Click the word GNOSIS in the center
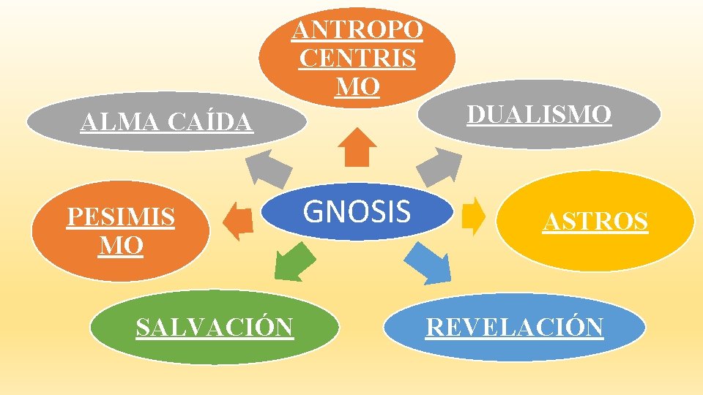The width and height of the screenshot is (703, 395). point(357,211)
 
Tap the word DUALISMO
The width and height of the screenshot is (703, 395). point(539,115)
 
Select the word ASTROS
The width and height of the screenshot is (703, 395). point(595,221)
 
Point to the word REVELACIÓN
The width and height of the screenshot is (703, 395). point(515,327)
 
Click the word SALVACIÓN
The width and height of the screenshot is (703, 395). point(215,327)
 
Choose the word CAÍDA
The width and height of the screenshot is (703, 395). point(212,123)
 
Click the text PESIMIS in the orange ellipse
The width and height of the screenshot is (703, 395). point(121,217)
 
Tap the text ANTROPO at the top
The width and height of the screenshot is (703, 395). point(357,30)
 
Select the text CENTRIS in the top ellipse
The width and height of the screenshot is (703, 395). point(357,58)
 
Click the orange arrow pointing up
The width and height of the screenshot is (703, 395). point(358,147)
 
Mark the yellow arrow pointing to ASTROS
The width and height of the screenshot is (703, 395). point(474,216)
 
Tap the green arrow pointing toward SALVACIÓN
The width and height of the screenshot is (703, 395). point(294,262)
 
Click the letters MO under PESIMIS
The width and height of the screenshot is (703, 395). point(121,246)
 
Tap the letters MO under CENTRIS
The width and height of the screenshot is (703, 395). point(357,86)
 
